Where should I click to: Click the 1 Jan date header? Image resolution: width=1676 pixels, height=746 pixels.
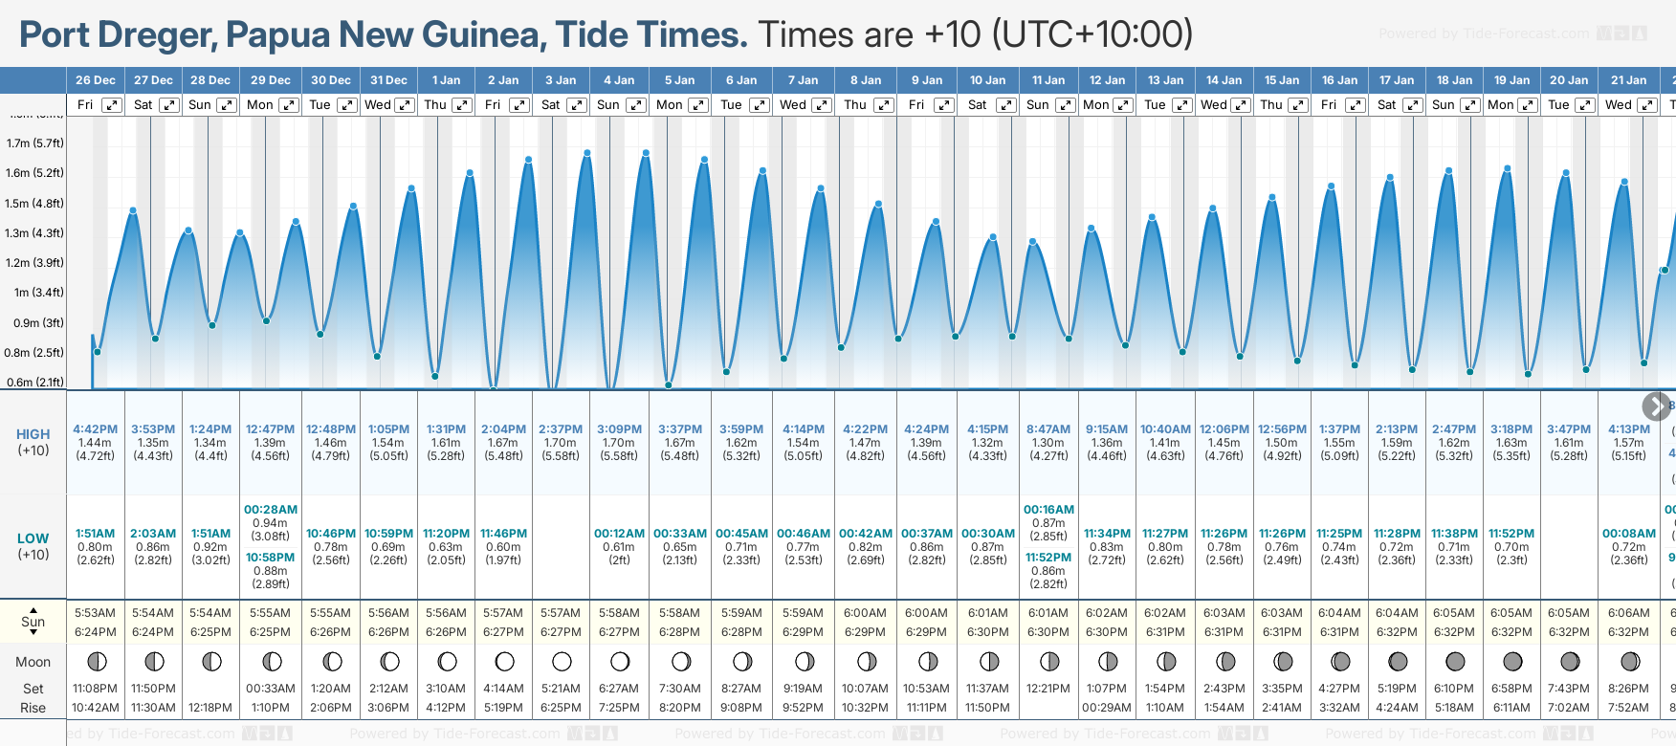click(x=446, y=80)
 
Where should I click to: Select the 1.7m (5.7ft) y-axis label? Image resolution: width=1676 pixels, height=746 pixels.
click(x=35, y=143)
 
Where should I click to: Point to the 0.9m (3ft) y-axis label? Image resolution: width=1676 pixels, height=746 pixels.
click(x=38, y=323)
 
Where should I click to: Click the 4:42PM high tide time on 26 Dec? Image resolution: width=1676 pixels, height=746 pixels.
click(x=96, y=429)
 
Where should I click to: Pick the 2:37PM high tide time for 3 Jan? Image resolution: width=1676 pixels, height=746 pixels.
click(x=561, y=429)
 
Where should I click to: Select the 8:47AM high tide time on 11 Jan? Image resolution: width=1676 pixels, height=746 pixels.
click(x=1048, y=429)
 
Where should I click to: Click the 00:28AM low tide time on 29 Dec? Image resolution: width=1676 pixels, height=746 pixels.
click(x=271, y=510)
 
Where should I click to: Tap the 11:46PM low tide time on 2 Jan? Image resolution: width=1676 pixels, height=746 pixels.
click(x=503, y=534)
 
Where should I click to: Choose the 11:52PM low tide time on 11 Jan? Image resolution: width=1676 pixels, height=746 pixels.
click(x=1048, y=558)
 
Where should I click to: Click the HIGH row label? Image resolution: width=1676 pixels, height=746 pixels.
click(x=33, y=434)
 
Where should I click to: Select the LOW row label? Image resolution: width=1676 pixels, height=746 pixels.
click(x=33, y=538)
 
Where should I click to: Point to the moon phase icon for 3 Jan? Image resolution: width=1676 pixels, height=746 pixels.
click(x=562, y=661)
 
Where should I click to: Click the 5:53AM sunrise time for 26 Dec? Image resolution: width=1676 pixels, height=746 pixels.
click(x=96, y=613)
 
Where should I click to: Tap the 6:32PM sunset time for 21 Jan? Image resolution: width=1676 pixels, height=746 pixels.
click(x=1628, y=632)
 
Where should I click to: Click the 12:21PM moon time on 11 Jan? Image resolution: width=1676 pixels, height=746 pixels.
click(x=1048, y=689)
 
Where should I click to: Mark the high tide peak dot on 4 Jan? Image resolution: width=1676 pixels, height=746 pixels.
click(x=646, y=153)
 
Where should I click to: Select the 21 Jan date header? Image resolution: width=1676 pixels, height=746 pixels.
click(x=1628, y=80)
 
